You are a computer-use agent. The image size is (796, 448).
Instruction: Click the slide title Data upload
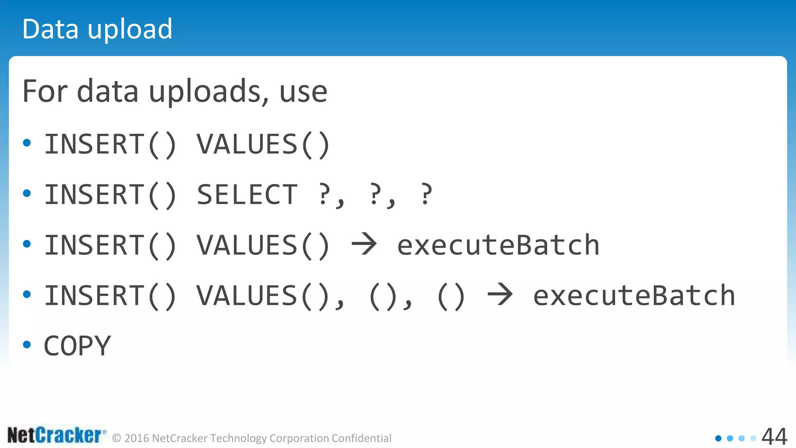point(97,29)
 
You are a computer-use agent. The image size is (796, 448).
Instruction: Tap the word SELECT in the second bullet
point(247,194)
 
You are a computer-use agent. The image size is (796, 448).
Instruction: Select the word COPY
point(77,346)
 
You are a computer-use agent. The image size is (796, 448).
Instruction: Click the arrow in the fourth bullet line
point(500,294)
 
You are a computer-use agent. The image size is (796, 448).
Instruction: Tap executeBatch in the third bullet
point(498,245)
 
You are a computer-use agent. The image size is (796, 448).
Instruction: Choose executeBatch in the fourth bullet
point(634,296)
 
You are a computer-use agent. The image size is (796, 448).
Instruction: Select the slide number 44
point(774,437)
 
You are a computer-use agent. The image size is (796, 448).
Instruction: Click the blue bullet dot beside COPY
point(27,344)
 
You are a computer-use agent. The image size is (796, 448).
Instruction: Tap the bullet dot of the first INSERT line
point(27,143)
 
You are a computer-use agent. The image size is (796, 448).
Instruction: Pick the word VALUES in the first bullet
point(247,144)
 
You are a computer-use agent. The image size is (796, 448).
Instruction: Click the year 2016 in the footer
point(137,438)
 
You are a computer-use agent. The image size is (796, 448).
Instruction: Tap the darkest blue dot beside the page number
point(718,438)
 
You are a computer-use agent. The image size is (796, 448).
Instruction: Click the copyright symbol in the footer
point(117,438)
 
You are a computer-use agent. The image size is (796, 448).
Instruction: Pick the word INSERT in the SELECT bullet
point(95,194)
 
